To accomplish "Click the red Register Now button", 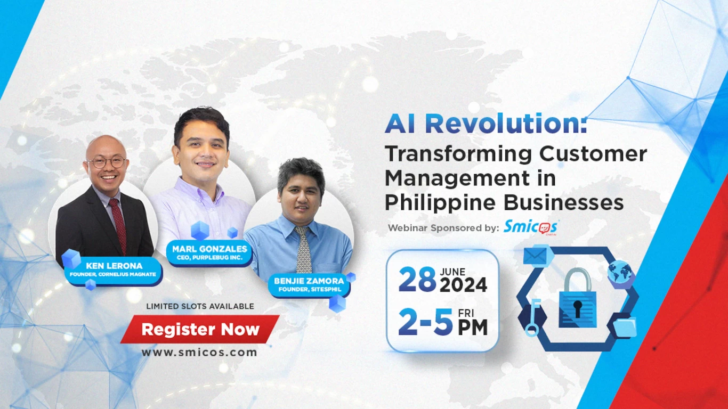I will pos(200,330).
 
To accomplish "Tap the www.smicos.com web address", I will pos(199,352).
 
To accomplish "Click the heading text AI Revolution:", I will pos(486,125).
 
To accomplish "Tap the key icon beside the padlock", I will pos(532,317).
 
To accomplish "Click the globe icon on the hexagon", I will pos(620,272).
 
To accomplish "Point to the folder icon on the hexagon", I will pos(624,327).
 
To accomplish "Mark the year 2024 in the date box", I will pos(463,285).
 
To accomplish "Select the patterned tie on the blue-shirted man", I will pos(303,250).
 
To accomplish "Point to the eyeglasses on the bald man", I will pos(107,162).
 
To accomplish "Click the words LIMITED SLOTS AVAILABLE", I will pos(200,306).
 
